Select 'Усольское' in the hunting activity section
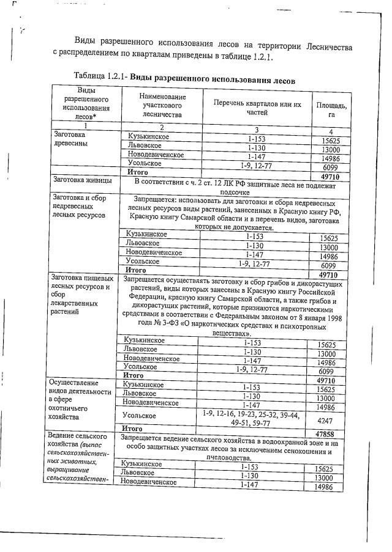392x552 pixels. click(141, 416)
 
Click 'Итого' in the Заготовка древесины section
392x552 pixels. click(138, 173)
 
